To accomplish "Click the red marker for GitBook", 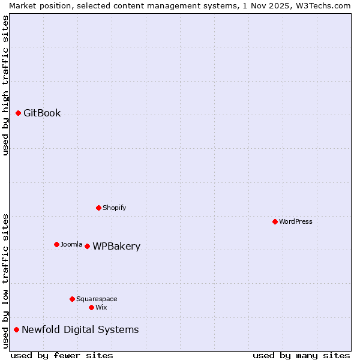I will (x=18, y=113).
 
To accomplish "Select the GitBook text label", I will (x=42, y=113).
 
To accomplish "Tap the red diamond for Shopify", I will (x=98, y=208).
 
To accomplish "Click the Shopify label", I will (x=114, y=208).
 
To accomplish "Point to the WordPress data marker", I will (x=275, y=221).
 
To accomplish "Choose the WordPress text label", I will (x=296, y=222).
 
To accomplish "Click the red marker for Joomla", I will (x=56, y=244).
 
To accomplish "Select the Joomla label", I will (x=71, y=245).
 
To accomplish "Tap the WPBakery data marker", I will (x=87, y=246).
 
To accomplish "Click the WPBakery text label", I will (x=116, y=247).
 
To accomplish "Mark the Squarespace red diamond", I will (x=72, y=299).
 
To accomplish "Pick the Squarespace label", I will (x=97, y=299).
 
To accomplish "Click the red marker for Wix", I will (x=91, y=307).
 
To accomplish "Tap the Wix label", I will (x=101, y=308).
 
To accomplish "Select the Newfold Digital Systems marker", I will (x=16, y=329).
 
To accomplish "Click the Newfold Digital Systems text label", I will (x=80, y=330).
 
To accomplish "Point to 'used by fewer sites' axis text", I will (x=62, y=355).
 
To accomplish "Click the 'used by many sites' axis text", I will (x=301, y=355).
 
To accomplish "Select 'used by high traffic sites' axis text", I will (x=5, y=85).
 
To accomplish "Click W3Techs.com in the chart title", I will (x=322, y=5).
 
